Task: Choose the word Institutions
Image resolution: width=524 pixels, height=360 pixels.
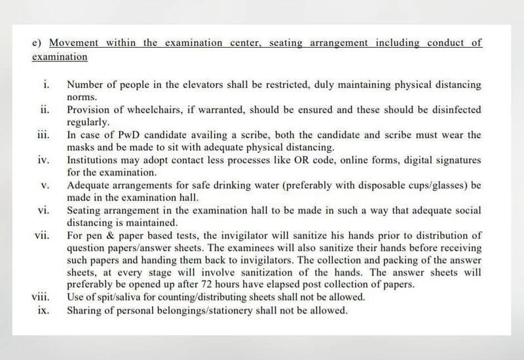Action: pyautogui.click(x=93, y=160)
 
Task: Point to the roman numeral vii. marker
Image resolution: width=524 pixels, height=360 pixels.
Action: pyautogui.click(x=43, y=234)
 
